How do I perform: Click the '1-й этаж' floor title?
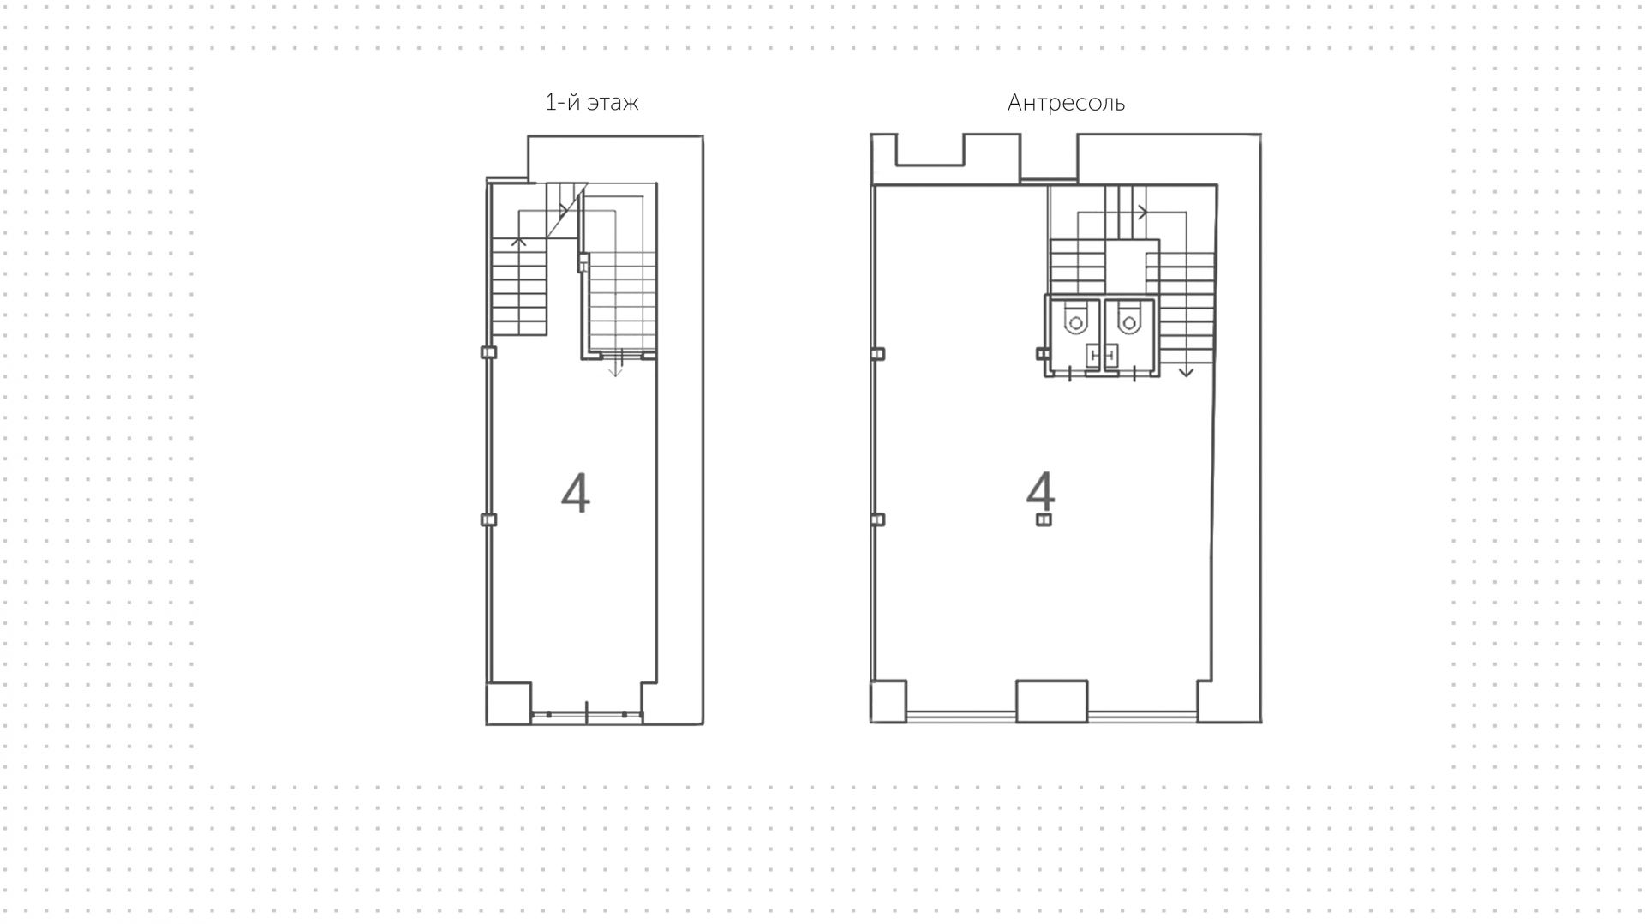click(592, 103)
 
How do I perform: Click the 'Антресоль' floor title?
click(1066, 103)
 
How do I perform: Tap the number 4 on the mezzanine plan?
click(1041, 491)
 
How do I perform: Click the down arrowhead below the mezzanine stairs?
click(1186, 372)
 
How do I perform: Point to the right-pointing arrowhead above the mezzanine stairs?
click(1142, 212)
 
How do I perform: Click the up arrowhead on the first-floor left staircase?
click(518, 242)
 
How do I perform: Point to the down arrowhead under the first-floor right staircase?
click(615, 371)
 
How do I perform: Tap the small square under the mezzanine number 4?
click(1044, 519)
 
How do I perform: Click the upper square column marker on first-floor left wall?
click(488, 352)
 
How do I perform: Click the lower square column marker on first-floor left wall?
click(488, 519)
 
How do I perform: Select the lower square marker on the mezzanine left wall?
click(877, 519)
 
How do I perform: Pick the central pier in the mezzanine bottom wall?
click(1052, 701)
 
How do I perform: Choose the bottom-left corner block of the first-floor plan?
click(509, 703)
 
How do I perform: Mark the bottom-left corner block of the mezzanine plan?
click(888, 701)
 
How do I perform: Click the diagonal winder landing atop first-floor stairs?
click(567, 210)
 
